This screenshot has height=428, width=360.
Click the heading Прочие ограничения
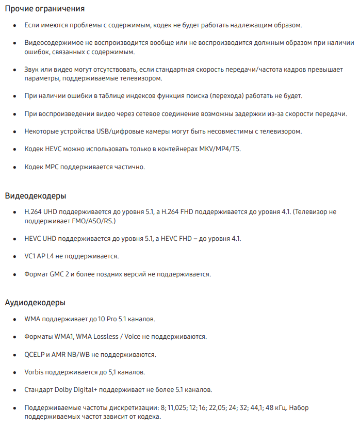[45, 9]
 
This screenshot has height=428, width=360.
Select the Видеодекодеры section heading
[36, 196]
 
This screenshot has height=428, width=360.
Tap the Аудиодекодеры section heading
[35, 303]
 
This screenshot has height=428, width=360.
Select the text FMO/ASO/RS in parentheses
[95, 221]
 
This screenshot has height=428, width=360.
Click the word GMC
[56, 274]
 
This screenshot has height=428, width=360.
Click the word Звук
[32, 69]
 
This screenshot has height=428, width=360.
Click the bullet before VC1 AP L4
[14, 256]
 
